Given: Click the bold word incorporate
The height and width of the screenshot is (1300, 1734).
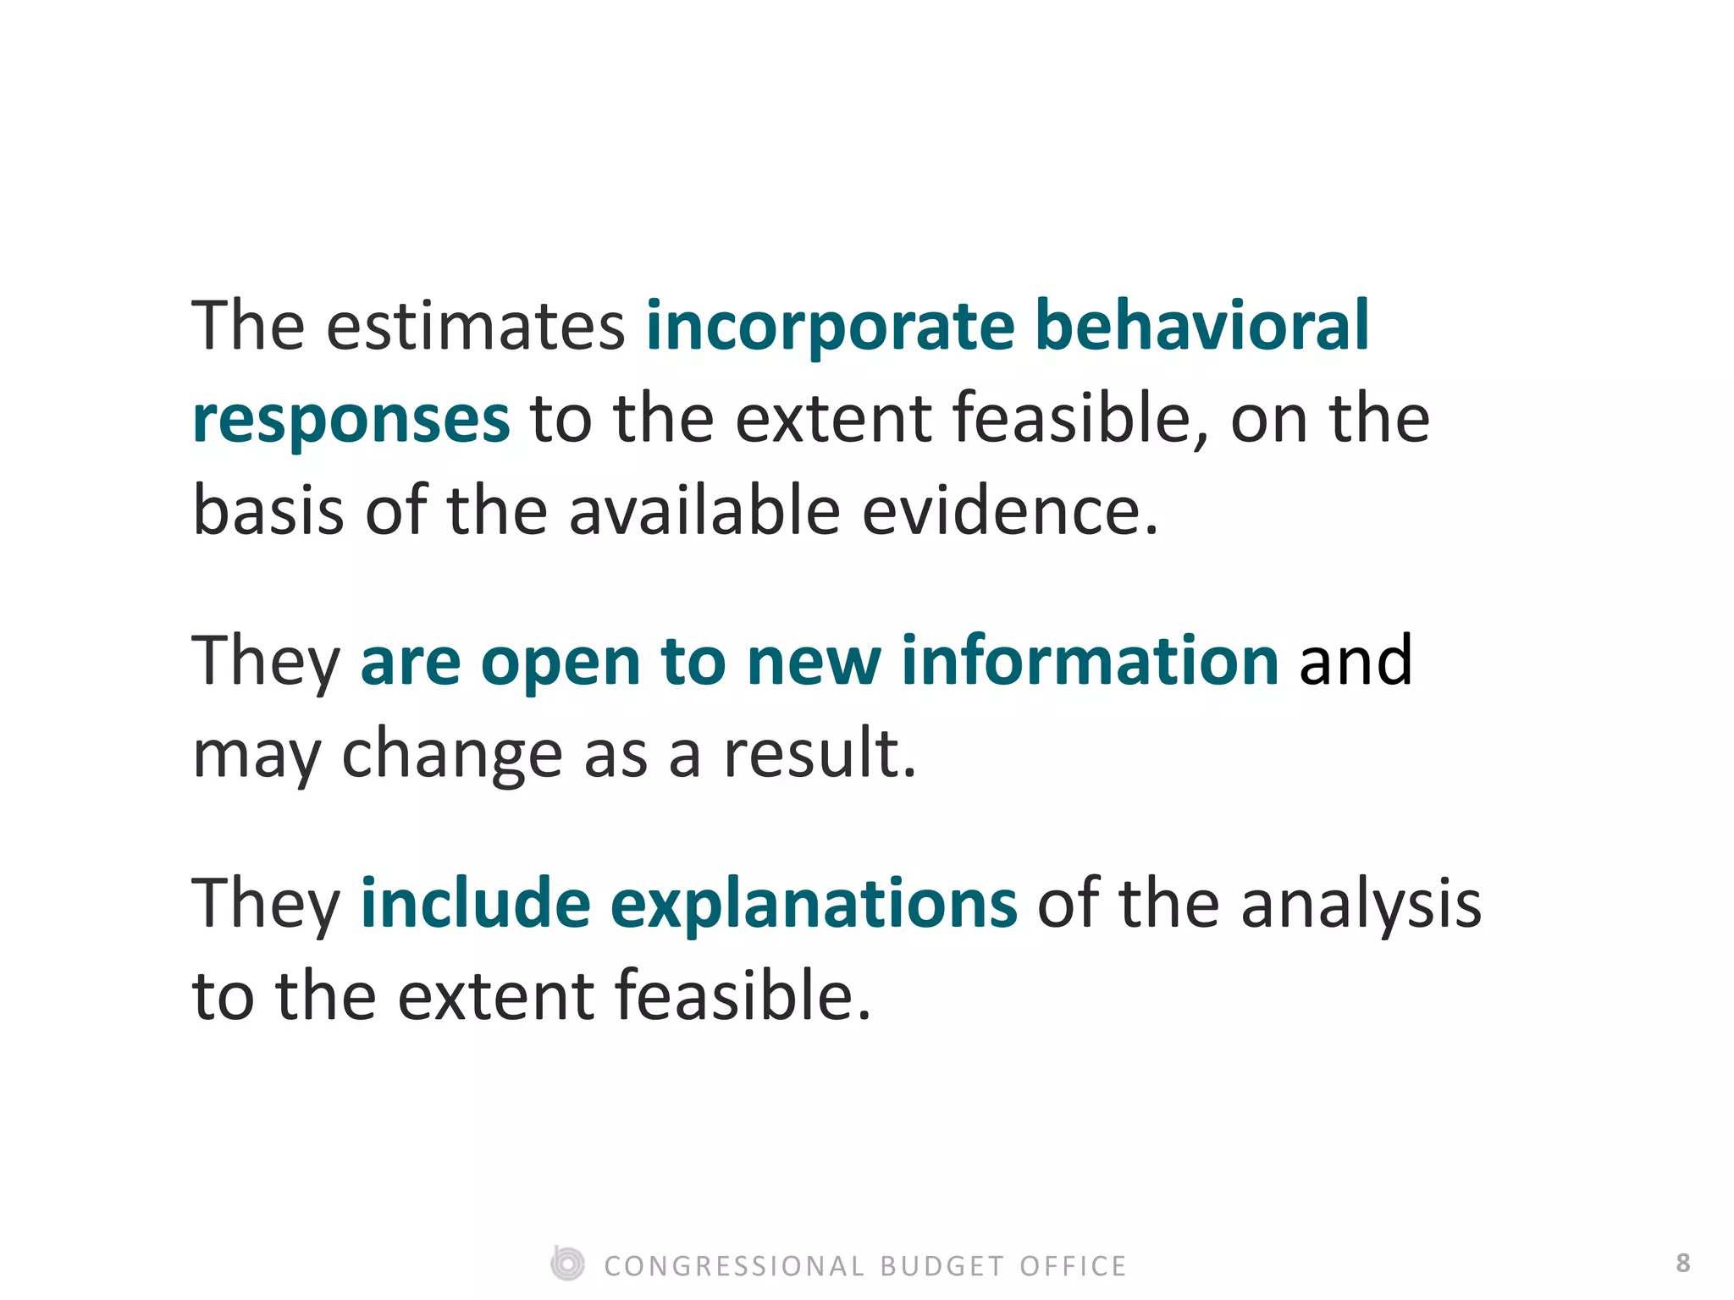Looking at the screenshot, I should [830, 328].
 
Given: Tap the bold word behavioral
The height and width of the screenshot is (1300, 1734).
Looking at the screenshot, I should [1201, 326].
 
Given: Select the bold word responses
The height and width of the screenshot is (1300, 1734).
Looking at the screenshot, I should [351, 421].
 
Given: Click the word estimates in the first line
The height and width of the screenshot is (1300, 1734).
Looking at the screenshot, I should [475, 328].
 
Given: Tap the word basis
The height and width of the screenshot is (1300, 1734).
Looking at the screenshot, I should [268, 512].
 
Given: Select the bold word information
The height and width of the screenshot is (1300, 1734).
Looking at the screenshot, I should [1090, 661].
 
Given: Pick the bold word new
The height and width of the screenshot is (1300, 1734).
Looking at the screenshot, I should [814, 663].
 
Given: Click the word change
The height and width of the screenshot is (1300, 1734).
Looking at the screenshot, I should [452, 756].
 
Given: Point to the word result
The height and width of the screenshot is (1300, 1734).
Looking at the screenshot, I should [819, 754].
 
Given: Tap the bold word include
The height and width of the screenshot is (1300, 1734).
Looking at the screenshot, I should [475, 903].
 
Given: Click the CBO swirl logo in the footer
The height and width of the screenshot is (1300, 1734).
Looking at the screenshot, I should [567, 1264].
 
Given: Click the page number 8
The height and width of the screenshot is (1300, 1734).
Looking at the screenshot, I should [1682, 1263].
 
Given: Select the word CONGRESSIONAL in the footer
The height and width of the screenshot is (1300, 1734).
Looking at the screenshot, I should [734, 1266].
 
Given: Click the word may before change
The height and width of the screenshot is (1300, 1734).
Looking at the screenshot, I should [257, 756].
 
